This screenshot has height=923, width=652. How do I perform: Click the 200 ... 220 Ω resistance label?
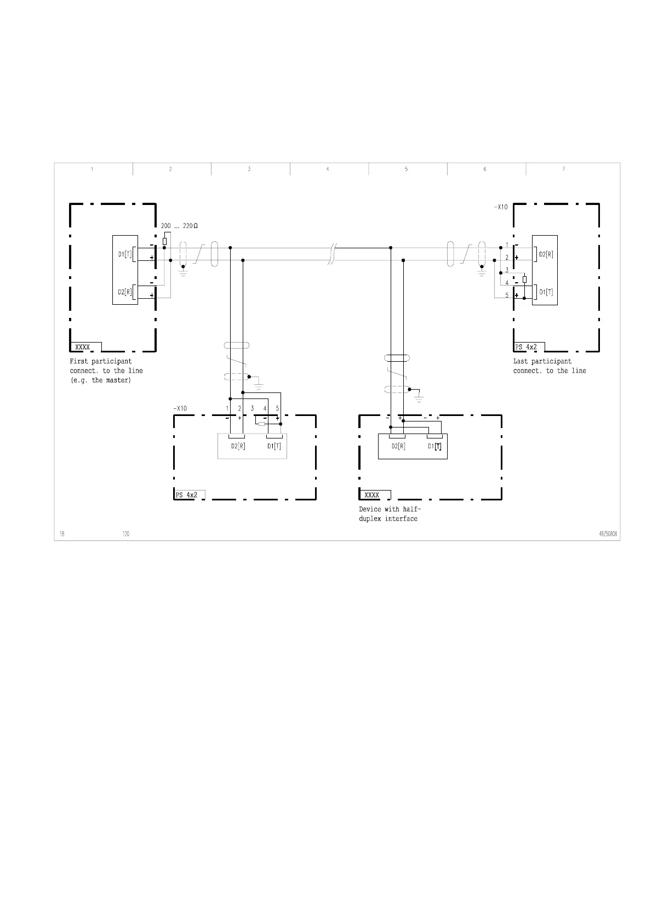179,226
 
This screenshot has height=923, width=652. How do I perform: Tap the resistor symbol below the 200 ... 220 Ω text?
165,241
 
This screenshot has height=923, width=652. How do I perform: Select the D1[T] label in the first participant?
125,254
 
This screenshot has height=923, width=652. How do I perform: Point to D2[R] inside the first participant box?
125,292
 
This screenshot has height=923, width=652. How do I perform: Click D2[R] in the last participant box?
546,254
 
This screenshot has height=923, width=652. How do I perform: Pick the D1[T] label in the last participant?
546,292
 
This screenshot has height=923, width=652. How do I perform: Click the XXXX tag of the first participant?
82,347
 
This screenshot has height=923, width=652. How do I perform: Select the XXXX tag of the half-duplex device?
371,495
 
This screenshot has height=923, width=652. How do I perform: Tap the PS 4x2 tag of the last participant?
526,347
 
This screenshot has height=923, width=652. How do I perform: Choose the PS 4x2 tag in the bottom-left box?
186,495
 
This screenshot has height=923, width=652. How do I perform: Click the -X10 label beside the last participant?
501,207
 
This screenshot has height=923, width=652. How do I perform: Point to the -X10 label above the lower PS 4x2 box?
180,408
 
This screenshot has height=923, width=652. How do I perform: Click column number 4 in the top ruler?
328,169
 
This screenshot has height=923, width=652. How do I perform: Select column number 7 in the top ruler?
563,169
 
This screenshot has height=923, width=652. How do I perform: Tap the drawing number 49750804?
608,534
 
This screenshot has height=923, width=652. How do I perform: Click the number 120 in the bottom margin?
126,534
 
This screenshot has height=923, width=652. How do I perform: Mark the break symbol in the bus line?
332,254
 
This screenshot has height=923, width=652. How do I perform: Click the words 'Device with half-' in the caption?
390,509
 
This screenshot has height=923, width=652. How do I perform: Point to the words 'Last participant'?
542,361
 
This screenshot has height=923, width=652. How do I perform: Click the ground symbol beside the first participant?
184,271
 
